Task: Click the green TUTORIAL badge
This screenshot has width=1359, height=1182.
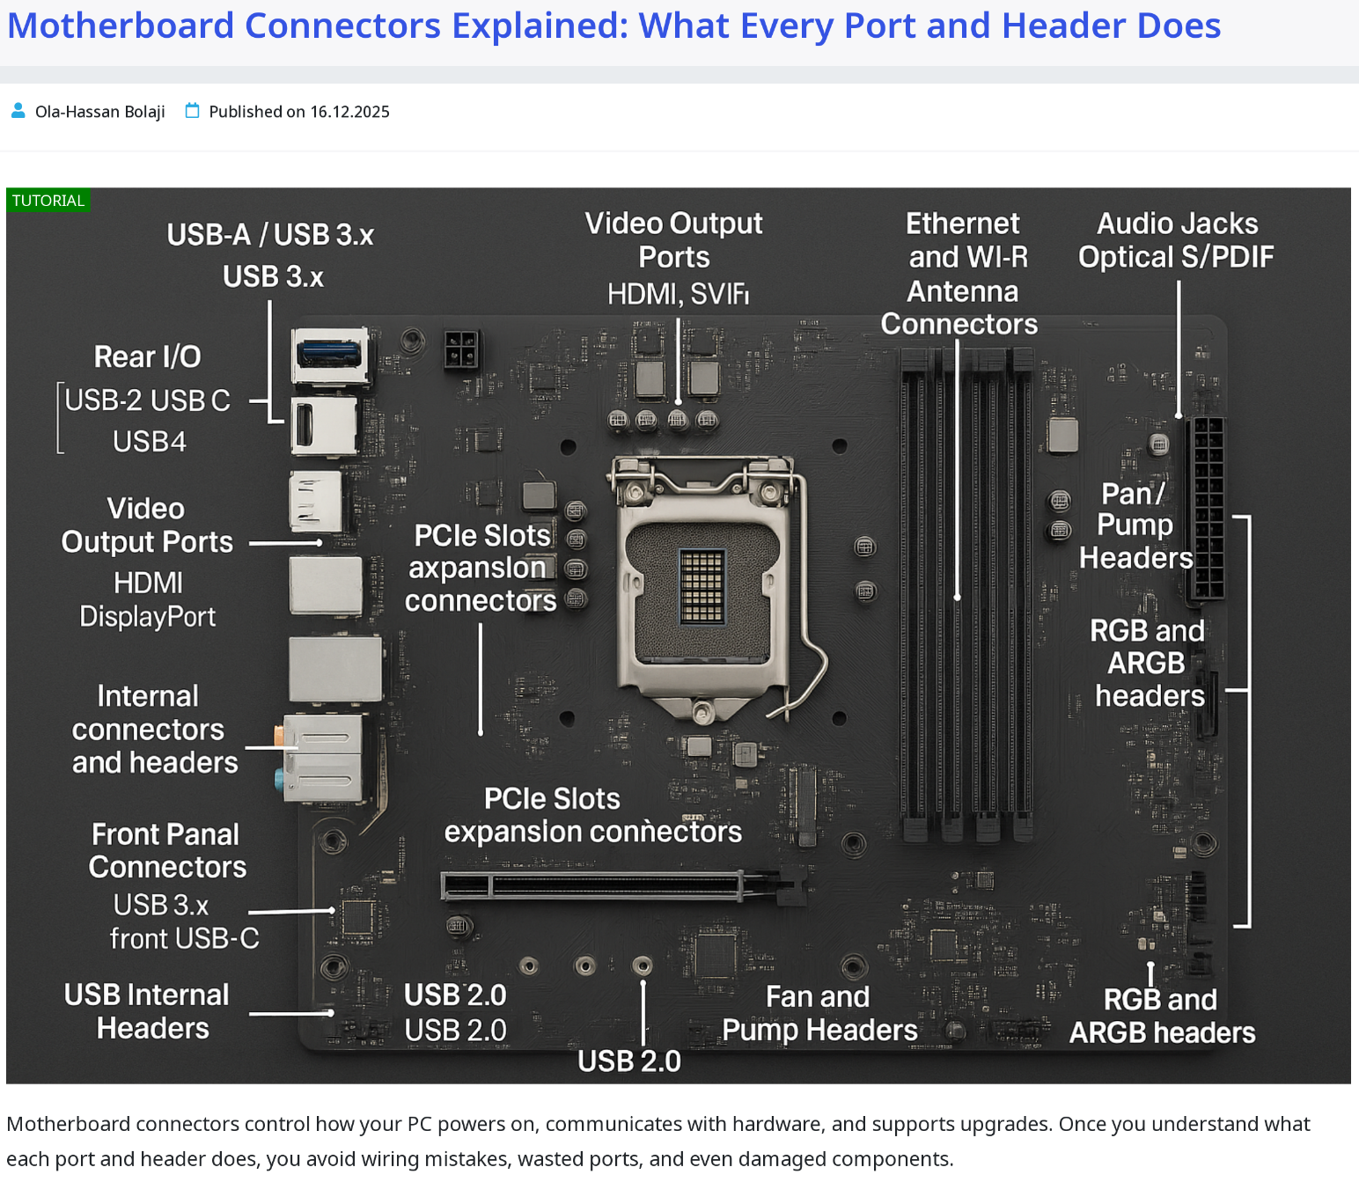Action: coord(48,200)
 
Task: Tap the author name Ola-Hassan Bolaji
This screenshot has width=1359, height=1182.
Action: coord(99,112)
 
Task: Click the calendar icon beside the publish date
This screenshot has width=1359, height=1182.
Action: coord(192,110)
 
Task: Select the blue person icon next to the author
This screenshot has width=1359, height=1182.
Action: coord(18,110)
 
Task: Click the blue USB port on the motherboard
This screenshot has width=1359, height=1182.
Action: coord(329,353)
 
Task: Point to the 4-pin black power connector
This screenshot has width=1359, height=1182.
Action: coord(461,349)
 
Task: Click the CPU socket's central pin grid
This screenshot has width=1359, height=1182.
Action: coord(702,586)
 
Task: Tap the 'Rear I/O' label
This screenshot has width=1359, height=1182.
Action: coord(148,356)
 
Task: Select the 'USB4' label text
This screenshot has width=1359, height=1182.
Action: coord(150,442)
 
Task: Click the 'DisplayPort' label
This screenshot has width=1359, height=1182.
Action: coord(148,617)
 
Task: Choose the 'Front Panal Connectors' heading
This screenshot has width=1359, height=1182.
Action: coord(166,851)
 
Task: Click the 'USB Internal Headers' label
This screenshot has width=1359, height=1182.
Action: coord(148,1011)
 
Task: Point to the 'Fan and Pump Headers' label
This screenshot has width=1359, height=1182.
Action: coord(819,1013)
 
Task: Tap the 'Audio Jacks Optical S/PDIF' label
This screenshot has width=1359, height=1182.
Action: coord(1176,239)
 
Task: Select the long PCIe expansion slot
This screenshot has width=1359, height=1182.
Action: coord(623,885)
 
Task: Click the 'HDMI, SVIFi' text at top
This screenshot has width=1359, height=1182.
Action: coord(678,294)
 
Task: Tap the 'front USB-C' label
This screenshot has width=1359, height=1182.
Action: coord(185,939)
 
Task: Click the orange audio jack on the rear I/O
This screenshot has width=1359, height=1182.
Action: coord(279,734)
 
